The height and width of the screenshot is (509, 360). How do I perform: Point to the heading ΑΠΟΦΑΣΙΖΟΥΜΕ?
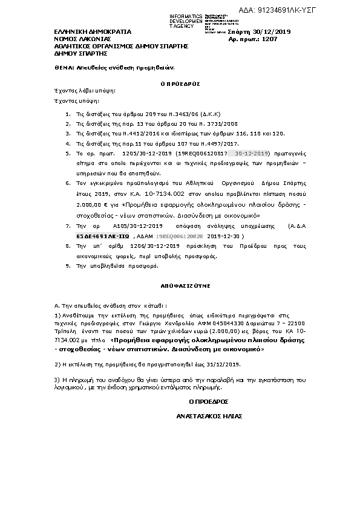(179, 282)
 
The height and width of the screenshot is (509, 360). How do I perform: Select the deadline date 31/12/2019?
(221, 364)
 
